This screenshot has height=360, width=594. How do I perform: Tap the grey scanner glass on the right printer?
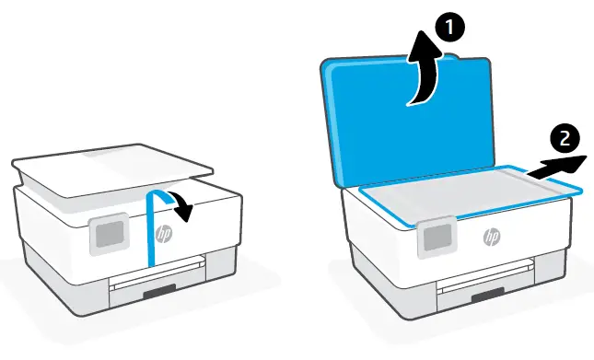click(x=460, y=191)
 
